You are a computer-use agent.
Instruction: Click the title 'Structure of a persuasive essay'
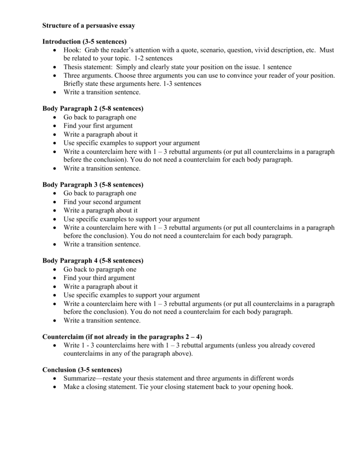coord(88,26)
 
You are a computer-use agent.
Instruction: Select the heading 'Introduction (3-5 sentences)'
coord(84,41)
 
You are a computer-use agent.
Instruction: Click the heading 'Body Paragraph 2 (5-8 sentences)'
coord(93,109)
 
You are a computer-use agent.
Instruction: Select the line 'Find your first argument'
coord(98,126)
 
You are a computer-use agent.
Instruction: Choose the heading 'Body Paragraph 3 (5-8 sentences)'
coord(93,185)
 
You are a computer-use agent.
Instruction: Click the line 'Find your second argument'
coord(102,202)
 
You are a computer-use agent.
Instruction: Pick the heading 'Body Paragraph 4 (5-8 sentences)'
coord(93,261)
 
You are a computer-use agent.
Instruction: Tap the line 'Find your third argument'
coord(99,278)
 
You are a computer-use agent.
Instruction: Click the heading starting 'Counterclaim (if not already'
coord(122,337)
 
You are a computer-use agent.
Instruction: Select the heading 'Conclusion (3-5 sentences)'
coord(82,370)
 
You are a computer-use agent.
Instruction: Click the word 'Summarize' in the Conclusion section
coord(80,378)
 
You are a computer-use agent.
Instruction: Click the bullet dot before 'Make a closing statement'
coord(55,387)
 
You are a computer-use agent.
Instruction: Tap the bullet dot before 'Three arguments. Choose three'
coord(55,76)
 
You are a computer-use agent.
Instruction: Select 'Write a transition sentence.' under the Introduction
coord(102,92)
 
